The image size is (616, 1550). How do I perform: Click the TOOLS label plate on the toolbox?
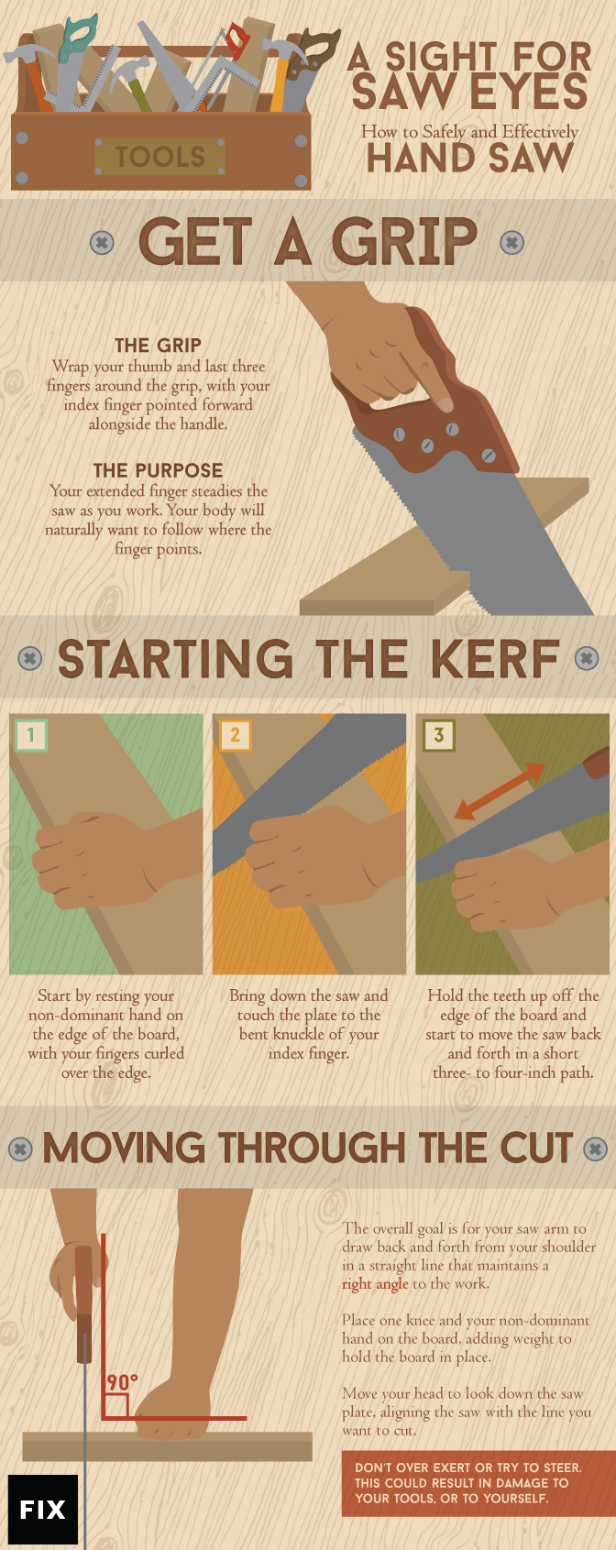[159, 157]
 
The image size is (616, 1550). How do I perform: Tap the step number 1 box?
[30, 735]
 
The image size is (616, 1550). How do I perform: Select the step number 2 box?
[235, 735]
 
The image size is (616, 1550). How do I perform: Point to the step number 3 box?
[439, 735]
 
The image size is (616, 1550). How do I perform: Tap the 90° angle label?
[122, 1382]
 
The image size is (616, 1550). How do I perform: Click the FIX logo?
[43, 1509]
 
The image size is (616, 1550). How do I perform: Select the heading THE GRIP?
[158, 346]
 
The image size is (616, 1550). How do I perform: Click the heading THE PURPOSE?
[158, 470]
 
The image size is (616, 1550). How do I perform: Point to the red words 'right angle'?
[375, 1284]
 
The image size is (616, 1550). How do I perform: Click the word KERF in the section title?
[495, 659]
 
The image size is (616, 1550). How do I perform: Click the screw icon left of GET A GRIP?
[103, 242]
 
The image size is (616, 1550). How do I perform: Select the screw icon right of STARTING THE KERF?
[587, 658]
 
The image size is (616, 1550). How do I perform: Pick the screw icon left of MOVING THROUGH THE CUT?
[20, 1149]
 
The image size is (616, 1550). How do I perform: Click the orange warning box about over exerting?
[478, 1483]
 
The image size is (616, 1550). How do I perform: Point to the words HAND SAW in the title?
[469, 158]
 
